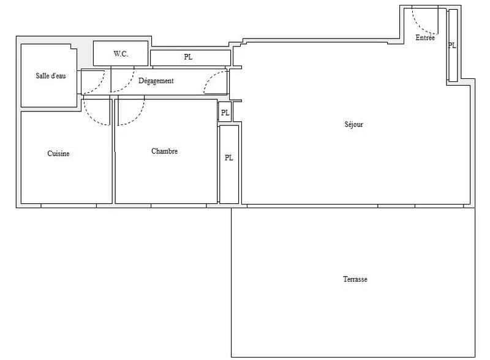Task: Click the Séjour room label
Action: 354,124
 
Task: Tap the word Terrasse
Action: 355,279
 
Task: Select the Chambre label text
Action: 164,151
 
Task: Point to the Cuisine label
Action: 58,154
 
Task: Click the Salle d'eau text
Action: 50,76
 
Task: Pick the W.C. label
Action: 121,54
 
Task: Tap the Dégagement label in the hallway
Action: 156,81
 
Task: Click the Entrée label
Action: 425,38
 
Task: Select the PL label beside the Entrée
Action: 452,45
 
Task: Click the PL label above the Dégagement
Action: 188,58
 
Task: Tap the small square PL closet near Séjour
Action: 225,113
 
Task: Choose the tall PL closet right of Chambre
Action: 228,157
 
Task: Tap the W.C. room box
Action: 121,53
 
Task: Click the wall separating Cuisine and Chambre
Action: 113,159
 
